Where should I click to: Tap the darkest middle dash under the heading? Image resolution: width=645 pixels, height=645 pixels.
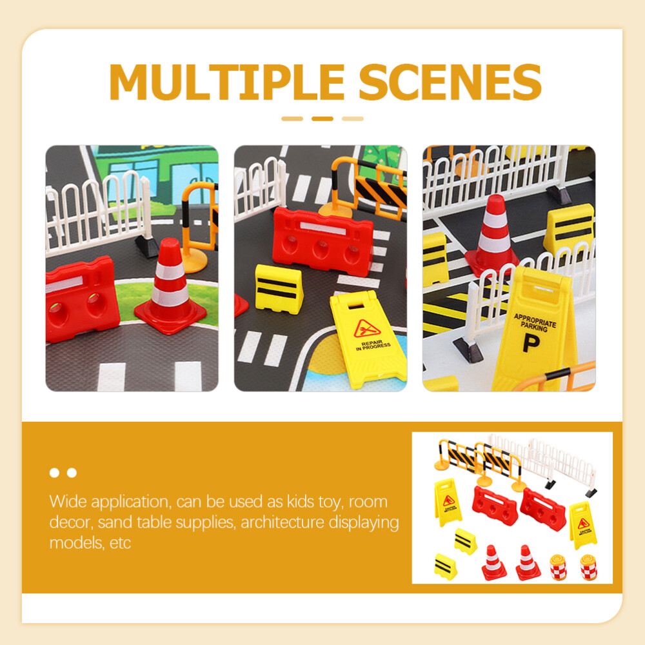(x=322, y=119)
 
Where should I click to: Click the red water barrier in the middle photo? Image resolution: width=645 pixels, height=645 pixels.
(x=322, y=240)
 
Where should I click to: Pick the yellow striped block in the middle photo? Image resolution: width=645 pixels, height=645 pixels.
(x=279, y=288)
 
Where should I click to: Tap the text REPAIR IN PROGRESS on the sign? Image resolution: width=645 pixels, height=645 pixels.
(x=372, y=346)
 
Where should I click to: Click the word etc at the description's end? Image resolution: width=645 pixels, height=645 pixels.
(x=120, y=542)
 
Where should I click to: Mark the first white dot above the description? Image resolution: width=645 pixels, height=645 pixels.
(x=54, y=473)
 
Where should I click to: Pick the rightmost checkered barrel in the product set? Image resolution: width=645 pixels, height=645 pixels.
(x=588, y=567)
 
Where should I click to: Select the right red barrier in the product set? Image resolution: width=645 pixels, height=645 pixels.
(x=542, y=508)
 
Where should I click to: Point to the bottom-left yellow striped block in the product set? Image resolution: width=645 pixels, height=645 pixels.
(x=445, y=566)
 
